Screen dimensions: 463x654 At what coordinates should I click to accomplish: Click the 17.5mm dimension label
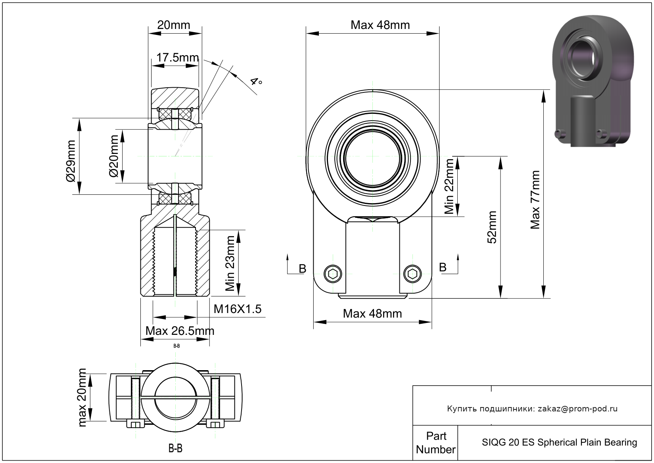[177, 58]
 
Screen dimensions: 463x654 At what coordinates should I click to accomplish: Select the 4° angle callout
[256, 82]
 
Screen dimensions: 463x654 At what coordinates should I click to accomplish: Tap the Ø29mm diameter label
[70, 161]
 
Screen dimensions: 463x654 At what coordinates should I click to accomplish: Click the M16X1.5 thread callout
[237, 309]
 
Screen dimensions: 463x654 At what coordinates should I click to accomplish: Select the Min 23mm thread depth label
[230, 263]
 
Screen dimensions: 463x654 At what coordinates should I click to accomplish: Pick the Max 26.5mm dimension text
[180, 331]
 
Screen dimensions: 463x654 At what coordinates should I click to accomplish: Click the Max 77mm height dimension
[535, 200]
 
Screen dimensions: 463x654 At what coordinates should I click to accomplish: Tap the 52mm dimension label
[492, 227]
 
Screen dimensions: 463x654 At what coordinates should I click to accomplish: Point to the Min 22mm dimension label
[449, 186]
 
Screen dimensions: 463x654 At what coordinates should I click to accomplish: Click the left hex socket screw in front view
[333, 273]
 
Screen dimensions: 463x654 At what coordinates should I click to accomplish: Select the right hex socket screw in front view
[412, 273]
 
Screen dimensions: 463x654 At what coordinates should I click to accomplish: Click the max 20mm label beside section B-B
[82, 398]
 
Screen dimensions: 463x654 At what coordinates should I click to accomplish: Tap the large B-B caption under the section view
[175, 448]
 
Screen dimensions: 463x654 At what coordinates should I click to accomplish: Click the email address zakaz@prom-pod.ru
[577, 409]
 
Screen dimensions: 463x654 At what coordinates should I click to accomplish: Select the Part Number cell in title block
[435, 443]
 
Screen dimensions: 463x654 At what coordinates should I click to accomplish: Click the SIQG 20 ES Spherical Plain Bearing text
[559, 442]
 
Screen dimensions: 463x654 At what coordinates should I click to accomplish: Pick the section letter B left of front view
[302, 269]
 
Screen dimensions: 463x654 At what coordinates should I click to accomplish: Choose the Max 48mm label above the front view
[380, 25]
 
